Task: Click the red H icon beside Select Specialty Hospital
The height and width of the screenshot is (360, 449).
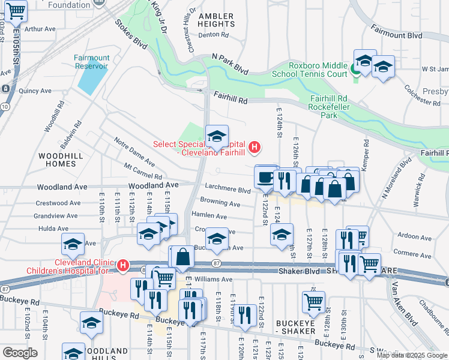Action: click(255, 146)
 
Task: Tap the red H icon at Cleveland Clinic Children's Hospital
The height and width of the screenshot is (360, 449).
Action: click(123, 265)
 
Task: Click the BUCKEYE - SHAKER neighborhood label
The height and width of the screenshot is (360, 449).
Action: click(295, 327)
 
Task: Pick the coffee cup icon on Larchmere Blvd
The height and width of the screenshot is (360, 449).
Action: click(266, 178)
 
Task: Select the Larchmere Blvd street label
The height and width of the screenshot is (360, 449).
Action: click(228, 190)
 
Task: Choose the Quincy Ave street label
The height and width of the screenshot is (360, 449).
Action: click(35, 91)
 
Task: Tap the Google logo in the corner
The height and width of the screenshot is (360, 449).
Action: click(20, 353)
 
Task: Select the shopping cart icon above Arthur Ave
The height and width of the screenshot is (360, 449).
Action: click(16, 10)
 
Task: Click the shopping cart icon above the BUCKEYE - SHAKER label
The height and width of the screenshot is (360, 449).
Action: click(313, 305)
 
